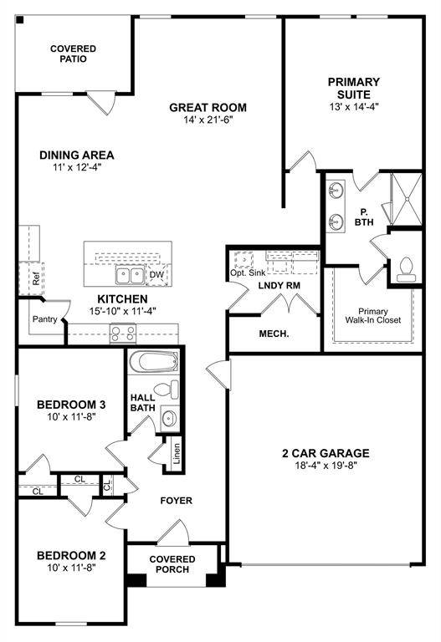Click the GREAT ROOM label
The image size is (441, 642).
pos(208,107)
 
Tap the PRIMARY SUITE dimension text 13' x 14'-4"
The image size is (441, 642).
pos(353,108)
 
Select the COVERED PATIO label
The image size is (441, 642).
pos(73,55)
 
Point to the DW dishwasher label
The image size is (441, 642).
pos(156,274)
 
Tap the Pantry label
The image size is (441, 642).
pos(44,319)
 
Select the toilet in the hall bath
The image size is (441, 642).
pos(172,390)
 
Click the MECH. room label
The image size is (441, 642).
pos(273,334)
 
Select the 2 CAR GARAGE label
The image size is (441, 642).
pos(325,453)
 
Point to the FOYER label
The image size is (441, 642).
pos(177,501)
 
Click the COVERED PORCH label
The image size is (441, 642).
pos(172,564)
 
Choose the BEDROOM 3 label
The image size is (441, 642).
pos(70,405)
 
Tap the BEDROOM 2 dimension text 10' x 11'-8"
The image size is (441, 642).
pos(70,568)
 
